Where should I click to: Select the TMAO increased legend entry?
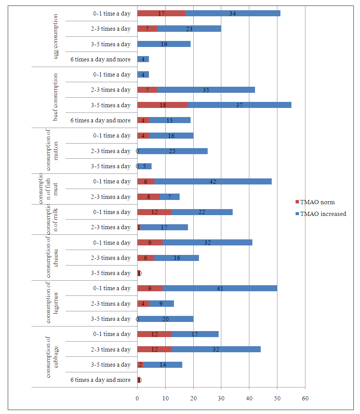click(322, 214)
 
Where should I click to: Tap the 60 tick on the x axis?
click(305, 398)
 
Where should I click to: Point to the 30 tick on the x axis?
click(221, 398)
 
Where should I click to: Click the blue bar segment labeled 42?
click(213, 181)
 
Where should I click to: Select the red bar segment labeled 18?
click(163, 105)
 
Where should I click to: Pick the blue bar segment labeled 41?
click(220, 288)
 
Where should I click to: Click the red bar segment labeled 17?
click(161, 14)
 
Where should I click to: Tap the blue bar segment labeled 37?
click(239, 105)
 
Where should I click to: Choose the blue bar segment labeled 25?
click(172, 151)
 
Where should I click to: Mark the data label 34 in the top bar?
click(233, 14)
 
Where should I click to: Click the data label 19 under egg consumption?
click(164, 44)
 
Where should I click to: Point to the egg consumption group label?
click(56, 36)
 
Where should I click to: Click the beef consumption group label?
click(56, 97)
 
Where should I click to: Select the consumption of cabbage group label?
click(52, 357)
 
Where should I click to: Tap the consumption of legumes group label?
click(52, 303)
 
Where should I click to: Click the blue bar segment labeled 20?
click(166, 319)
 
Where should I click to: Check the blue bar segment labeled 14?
click(163, 364)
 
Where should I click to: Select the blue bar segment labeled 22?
click(202, 212)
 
